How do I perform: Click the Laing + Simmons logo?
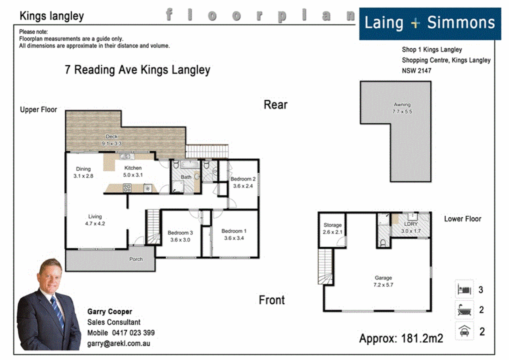pos(430,24)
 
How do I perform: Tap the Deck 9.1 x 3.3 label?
pos(112,140)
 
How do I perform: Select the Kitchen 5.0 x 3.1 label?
pos(133,171)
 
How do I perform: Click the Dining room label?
pos(83,172)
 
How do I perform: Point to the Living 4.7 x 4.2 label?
pos(95,220)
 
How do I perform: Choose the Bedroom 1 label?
pos(234,234)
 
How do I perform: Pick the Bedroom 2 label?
pos(243,182)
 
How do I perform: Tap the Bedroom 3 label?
pos(180,236)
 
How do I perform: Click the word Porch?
pos(136,259)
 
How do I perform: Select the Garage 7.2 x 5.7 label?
pos(383,281)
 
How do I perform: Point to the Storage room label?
pos(332,228)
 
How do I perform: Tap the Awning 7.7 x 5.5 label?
pos(402,108)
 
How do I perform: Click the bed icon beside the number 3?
pos(464,289)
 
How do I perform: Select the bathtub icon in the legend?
pos(464,310)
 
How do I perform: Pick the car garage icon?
pos(464,331)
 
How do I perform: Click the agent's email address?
pos(119,343)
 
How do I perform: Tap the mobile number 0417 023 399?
pos(133,333)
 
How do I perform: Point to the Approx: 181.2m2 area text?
pos(401,338)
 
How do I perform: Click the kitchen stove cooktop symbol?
pos(127,188)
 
